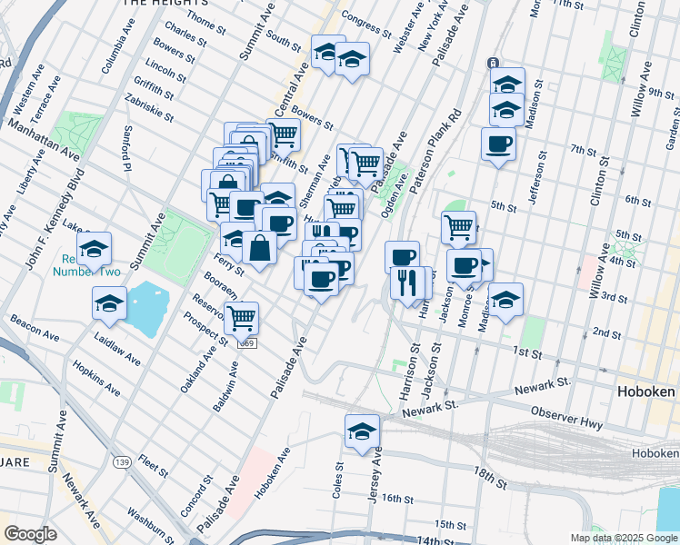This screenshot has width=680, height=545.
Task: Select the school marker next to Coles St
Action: click(362, 432)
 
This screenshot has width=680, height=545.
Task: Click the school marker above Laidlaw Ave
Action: click(109, 303)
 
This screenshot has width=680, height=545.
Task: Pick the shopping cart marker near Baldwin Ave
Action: click(242, 318)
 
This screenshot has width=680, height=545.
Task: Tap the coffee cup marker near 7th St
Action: click(498, 144)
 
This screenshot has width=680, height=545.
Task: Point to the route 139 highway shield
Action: click(121, 462)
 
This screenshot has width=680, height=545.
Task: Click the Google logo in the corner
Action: click(30, 534)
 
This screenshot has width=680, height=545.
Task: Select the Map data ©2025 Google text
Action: click(623, 538)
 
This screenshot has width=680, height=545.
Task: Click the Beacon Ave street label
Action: click(30, 327)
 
